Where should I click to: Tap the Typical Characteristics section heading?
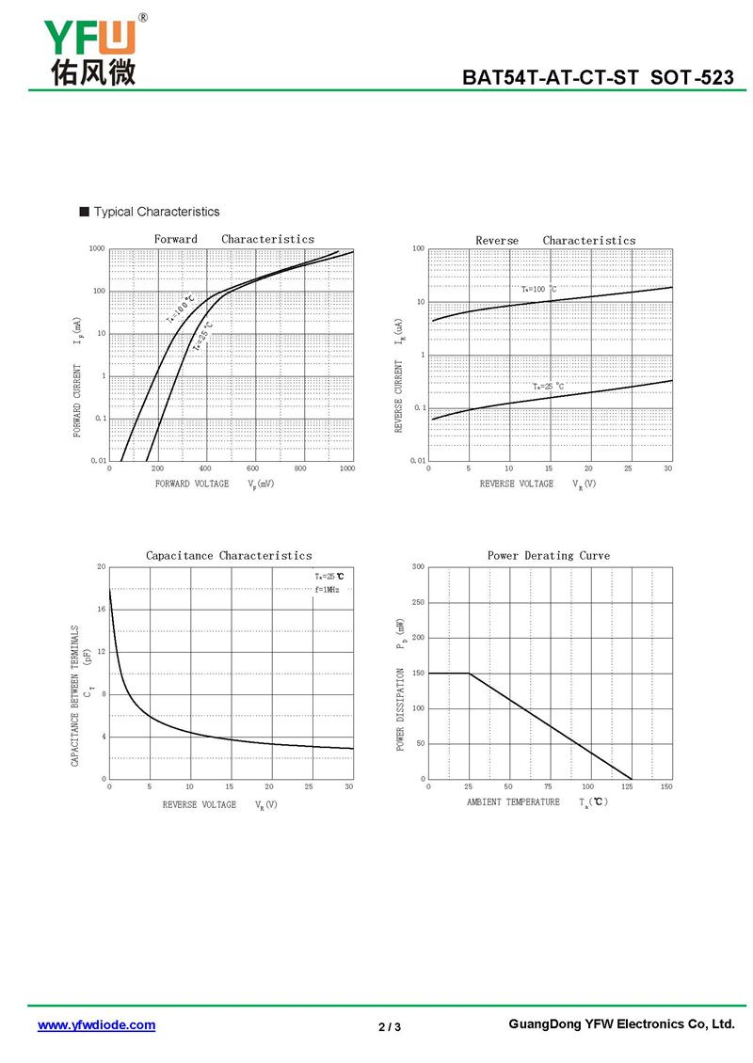(x=156, y=212)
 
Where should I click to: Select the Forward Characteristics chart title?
(x=233, y=239)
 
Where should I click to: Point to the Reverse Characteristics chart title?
(x=555, y=240)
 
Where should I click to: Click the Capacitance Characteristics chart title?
(x=229, y=555)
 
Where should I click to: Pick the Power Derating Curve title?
(x=548, y=555)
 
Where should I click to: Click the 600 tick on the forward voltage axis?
(x=252, y=468)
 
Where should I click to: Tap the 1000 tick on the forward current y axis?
(x=97, y=249)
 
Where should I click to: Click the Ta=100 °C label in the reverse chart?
(x=538, y=289)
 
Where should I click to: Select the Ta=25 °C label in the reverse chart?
(x=548, y=386)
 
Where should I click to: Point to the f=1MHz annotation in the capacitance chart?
(x=328, y=589)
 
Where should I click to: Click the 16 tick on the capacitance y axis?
(x=101, y=610)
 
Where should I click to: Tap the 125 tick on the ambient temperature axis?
(x=627, y=786)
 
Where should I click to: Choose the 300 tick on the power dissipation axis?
(x=419, y=567)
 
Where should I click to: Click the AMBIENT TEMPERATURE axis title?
(x=513, y=801)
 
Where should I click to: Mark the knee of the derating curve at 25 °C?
(x=469, y=673)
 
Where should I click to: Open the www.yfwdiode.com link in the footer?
(x=96, y=1025)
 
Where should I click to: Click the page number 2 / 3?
(x=390, y=1026)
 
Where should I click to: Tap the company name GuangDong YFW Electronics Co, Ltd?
(x=620, y=1023)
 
